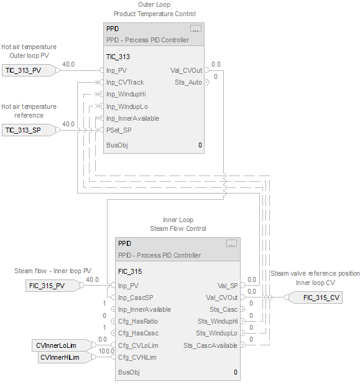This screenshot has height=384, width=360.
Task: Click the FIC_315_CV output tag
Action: (x=321, y=297)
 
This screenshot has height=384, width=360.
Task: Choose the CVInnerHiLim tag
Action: (x=62, y=357)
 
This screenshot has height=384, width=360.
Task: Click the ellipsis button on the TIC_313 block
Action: (x=196, y=29)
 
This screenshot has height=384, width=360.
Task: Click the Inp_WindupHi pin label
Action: (x=127, y=94)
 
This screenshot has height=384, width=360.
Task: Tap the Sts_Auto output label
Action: (x=188, y=82)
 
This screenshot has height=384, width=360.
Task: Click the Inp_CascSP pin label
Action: (x=135, y=297)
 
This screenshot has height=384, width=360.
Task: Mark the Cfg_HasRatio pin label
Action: (x=137, y=321)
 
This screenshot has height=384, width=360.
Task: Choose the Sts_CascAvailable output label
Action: (x=210, y=345)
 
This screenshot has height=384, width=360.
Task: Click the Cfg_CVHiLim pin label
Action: (x=137, y=357)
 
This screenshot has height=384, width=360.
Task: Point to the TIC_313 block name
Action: (x=118, y=56)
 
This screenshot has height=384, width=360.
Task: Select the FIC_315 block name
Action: (x=130, y=271)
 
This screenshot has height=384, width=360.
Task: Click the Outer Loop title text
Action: (x=154, y=5)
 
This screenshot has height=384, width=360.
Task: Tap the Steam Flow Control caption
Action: (x=178, y=228)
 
